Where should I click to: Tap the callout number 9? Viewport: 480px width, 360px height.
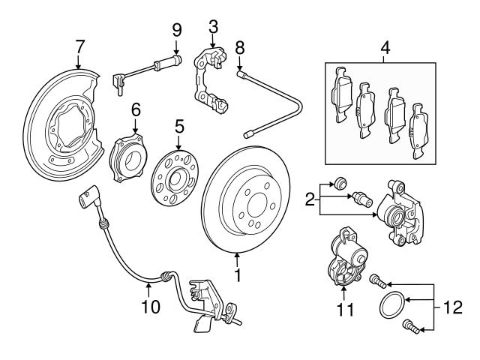(177, 29)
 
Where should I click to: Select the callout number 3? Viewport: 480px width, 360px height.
(213, 28)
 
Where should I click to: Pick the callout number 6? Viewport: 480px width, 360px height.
(136, 109)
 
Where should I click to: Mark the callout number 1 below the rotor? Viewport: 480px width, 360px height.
(238, 277)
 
